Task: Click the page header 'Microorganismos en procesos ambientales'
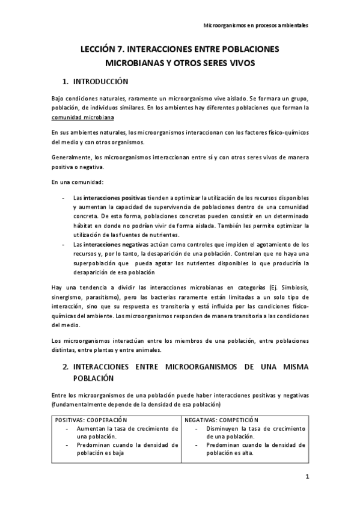click(257, 26)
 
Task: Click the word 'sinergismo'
click(69, 299)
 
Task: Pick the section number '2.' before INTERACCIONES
click(66, 366)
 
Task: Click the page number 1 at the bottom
click(307, 478)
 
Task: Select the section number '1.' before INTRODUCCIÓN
click(66, 81)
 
